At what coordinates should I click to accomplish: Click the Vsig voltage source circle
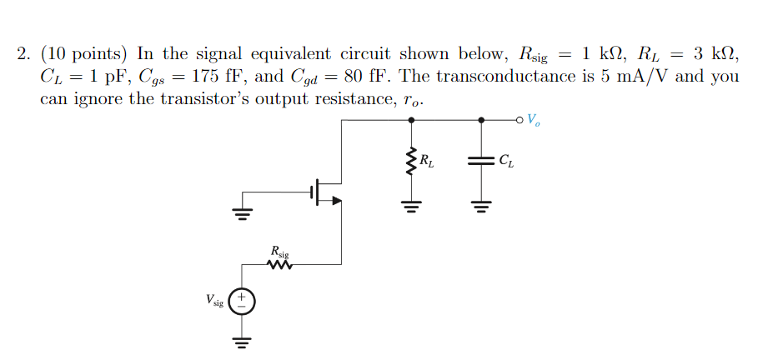(242, 301)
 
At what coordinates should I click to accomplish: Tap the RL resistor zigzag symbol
(409, 162)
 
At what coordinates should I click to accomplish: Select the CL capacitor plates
(480, 162)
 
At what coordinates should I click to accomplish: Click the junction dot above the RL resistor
(409, 120)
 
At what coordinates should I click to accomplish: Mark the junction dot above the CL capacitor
(480, 120)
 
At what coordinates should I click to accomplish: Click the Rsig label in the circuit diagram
(279, 251)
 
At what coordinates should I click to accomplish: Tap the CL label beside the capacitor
(506, 161)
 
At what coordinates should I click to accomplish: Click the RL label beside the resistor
(427, 161)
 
